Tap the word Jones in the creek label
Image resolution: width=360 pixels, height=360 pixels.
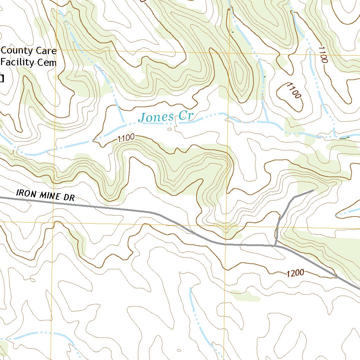coord(156,117)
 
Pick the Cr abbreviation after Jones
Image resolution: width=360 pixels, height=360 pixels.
coord(186,116)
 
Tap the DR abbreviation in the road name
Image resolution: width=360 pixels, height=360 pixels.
coord(69,198)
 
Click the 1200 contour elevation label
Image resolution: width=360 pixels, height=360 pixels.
coord(295,273)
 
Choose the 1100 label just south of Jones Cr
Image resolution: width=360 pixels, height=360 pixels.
coord(126,139)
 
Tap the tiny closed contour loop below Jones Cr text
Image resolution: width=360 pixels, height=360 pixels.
coord(170,129)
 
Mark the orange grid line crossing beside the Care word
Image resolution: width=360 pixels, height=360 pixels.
coord(56,50)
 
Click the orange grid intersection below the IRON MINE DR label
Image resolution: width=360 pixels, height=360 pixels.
coord(53,222)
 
